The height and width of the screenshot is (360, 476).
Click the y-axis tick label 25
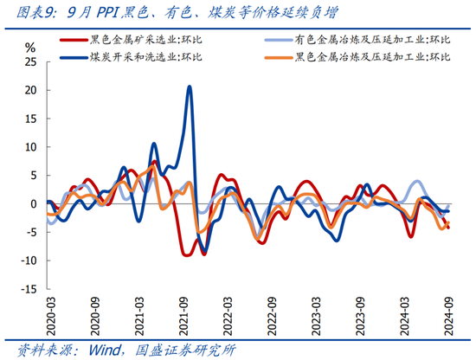(30, 62)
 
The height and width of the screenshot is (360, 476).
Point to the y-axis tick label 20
(30, 90)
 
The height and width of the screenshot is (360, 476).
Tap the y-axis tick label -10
(29, 261)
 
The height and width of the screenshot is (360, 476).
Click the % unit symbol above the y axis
(30, 47)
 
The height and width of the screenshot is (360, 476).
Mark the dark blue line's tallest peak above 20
(190, 87)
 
